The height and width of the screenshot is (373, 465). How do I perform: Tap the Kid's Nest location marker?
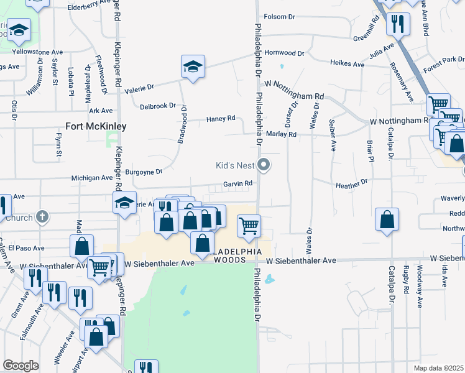point(264,165)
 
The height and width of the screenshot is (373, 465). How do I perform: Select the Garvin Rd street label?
point(238,184)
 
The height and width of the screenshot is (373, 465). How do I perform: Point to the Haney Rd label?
point(221,118)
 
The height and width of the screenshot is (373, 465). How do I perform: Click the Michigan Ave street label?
point(92,178)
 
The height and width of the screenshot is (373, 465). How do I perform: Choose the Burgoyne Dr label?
point(144,172)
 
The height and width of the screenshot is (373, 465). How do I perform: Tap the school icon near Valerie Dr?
point(193,66)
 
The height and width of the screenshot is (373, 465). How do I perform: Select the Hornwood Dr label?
point(284,53)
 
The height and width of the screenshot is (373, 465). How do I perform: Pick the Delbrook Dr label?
point(158,106)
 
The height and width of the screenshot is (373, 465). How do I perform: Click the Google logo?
point(21,366)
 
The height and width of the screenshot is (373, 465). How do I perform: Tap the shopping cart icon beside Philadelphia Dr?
point(249,226)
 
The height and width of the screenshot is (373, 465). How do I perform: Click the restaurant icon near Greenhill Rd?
point(397,24)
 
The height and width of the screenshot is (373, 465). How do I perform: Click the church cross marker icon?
point(42,217)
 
